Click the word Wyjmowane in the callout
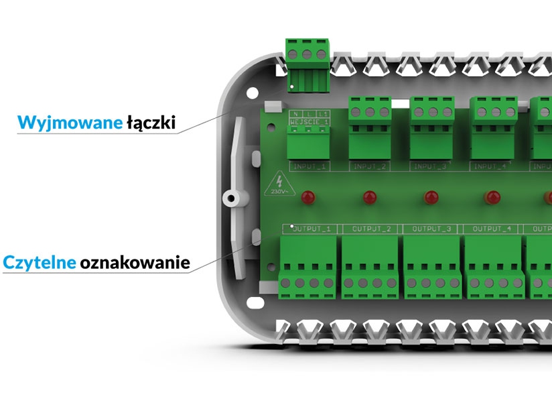[x=70, y=123]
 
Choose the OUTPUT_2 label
[x=370, y=229]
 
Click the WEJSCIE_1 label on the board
[x=309, y=122]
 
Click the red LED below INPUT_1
[x=308, y=198]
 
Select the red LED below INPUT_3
[x=430, y=198]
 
